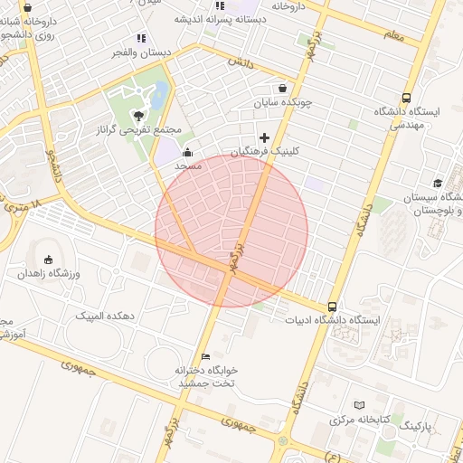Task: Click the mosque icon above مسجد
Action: (187, 152)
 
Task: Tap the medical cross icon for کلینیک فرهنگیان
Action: (264, 137)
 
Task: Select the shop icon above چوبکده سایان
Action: (283, 89)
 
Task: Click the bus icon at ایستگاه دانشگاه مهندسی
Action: (406, 98)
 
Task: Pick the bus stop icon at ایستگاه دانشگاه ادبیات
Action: (333, 307)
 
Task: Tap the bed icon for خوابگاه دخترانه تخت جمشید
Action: (205, 356)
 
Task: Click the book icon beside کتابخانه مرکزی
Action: (360, 405)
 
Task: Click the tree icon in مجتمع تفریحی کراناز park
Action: (137, 115)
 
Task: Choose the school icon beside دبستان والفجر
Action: (140, 38)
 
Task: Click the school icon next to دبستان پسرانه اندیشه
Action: (218, 5)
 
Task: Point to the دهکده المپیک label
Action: (106, 316)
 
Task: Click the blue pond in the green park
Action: (161, 93)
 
